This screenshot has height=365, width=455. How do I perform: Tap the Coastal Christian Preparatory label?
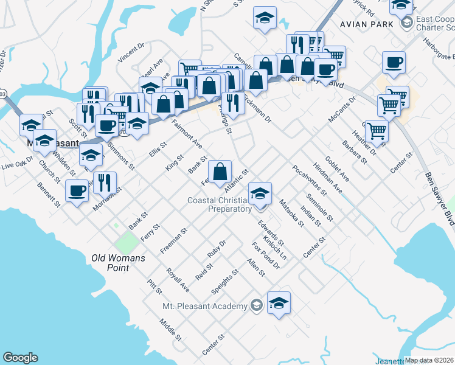[x=220, y=204]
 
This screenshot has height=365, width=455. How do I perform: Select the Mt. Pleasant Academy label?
[x=206, y=307]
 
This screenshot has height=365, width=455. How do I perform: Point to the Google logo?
[x=20, y=358]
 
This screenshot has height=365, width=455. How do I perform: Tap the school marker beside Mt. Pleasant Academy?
[x=279, y=304]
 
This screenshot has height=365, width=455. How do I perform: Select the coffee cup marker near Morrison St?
[x=77, y=192]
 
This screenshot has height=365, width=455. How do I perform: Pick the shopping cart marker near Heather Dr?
[x=377, y=131]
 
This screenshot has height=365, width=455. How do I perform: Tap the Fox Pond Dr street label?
[x=265, y=255]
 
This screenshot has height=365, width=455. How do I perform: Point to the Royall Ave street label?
[x=178, y=280]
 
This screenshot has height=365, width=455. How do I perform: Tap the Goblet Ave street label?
[x=337, y=168]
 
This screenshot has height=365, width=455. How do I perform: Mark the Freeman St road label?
[x=172, y=241]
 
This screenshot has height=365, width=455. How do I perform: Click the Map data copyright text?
[x=429, y=361]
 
